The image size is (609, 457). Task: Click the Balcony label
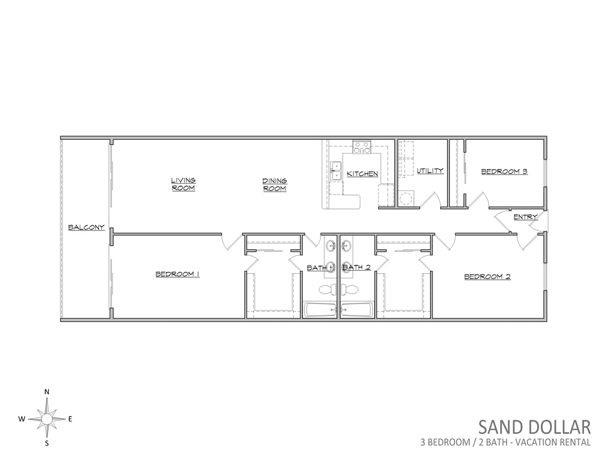click(86, 227)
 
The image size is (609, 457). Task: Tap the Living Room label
click(183, 184)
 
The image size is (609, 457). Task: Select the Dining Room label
click(275, 184)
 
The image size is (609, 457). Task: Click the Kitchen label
click(362, 174)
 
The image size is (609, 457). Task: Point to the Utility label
click(430, 171)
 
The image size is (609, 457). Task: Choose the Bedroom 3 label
click(504, 171)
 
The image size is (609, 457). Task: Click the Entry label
click(526, 217)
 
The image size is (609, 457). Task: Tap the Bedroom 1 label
click(177, 274)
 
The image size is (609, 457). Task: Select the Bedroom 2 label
click(488, 277)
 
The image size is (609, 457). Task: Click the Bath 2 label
click(357, 267)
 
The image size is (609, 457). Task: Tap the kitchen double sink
click(334, 171)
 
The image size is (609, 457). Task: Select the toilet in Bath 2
click(350, 289)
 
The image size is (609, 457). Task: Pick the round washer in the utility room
click(406, 198)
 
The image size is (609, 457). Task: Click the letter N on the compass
click(46, 392)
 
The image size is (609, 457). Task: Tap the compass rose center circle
click(46, 419)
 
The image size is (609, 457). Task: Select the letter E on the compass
click(70, 419)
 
